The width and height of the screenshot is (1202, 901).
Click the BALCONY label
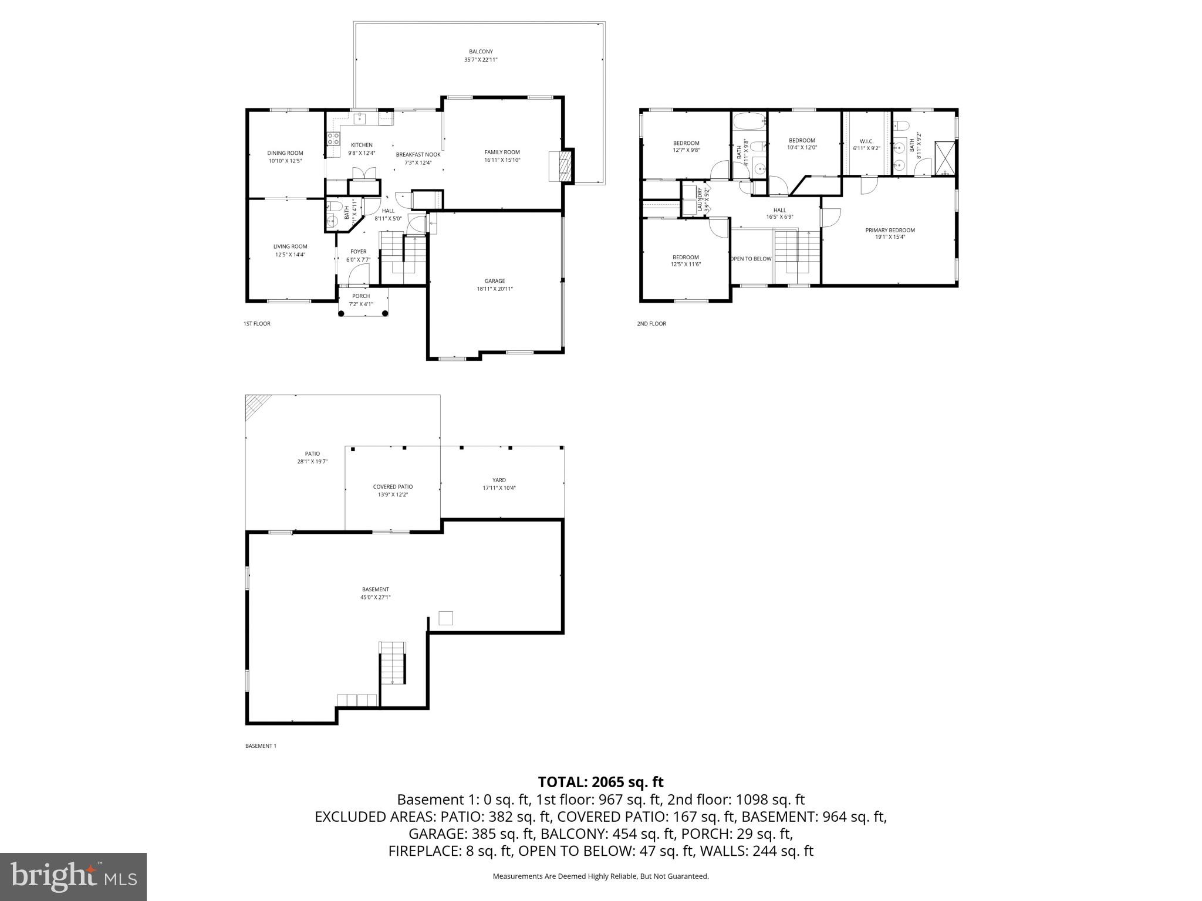[481, 52]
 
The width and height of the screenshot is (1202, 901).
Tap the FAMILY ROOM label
[502, 153]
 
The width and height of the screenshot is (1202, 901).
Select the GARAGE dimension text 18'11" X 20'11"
[494, 289]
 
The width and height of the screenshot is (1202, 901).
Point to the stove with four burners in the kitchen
[333, 139]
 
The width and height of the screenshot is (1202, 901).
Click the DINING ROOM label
[285, 153]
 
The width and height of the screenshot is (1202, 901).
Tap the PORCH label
[361, 296]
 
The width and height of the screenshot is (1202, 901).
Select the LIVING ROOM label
[290, 246]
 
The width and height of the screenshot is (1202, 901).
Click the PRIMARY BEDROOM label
[890, 230]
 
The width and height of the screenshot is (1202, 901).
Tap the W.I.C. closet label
[866, 141]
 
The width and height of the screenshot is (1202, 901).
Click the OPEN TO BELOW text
[751, 259]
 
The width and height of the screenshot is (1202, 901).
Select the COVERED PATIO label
[393, 487]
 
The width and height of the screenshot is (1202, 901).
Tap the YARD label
[499, 480]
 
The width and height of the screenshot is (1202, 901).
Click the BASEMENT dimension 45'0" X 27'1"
[375, 597]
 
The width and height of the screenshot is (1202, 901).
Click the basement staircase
[393, 663]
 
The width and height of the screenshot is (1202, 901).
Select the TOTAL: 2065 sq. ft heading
[600, 782]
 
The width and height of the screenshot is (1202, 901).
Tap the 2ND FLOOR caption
[651, 323]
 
